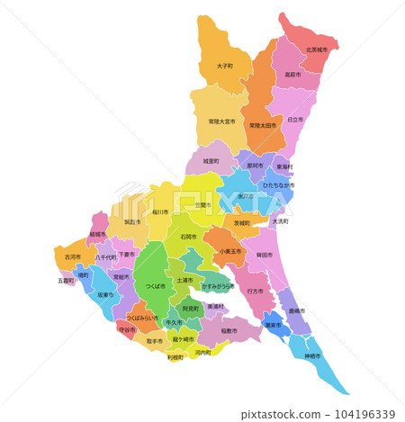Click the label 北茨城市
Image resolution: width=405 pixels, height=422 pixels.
click(x=316, y=50)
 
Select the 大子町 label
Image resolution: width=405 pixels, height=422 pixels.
click(x=225, y=66)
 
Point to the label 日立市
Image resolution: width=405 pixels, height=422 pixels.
click(x=295, y=119)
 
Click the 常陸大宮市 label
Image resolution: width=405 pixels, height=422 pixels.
click(x=221, y=121)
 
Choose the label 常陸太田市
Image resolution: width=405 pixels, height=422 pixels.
click(x=265, y=125)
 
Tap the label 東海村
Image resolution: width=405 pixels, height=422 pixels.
click(x=283, y=166)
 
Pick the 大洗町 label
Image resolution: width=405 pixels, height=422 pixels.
click(x=280, y=220)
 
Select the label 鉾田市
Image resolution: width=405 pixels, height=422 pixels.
click(x=265, y=256)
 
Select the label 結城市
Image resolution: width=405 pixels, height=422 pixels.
click(x=97, y=234)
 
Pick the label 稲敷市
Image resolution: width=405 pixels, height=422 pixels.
click(x=229, y=330)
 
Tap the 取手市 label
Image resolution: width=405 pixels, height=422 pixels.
click(x=155, y=341)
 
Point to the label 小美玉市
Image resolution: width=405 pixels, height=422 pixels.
click(x=230, y=252)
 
